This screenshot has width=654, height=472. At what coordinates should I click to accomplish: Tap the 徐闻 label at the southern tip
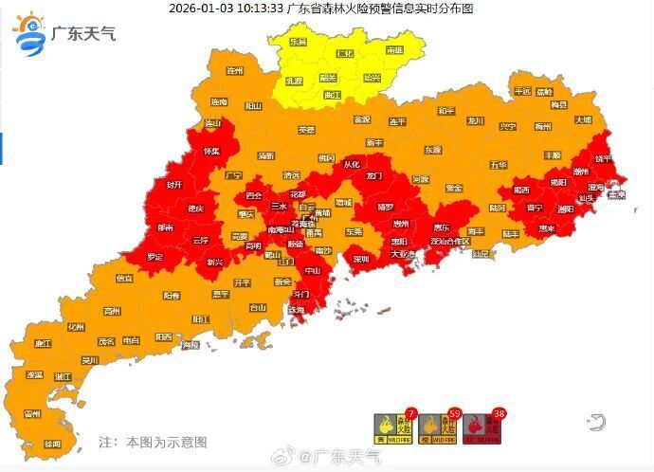(x=52, y=444)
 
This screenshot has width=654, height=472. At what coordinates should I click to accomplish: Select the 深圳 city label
(x=360, y=258)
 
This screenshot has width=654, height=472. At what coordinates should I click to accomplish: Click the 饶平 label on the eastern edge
(x=604, y=158)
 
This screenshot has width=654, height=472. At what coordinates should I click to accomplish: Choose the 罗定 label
(x=154, y=257)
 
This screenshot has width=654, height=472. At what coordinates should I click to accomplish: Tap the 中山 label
(x=313, y=270)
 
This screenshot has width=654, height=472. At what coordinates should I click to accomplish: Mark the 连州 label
(x=235, y=70)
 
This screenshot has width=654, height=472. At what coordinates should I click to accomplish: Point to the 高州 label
(x=113, y=311)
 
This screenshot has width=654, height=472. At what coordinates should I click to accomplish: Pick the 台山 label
(x=257, y=307)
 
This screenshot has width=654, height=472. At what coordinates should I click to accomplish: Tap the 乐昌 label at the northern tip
(x=298, y=43)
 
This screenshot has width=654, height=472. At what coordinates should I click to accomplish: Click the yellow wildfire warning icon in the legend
(x=388, y=428)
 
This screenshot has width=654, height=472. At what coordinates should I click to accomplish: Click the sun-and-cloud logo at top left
(x=29, y=34)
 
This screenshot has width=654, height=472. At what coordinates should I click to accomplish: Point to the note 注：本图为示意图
(x=153, y=442)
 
